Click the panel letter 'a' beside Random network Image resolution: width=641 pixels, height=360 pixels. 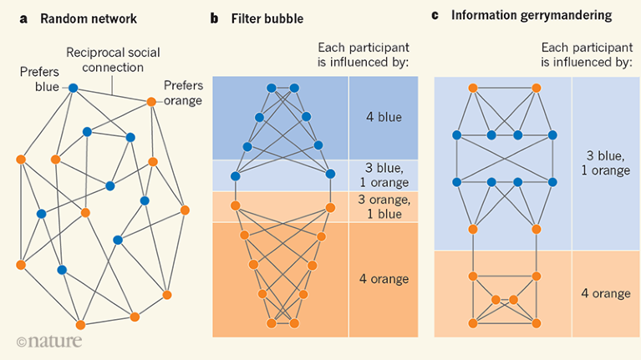pyautogui.click(x=23, y=19)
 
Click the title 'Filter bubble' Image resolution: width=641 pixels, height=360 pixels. pyautogui.click(x=267, y=19)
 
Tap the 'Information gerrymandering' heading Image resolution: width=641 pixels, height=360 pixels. pyautogui.click(x=532, y=16)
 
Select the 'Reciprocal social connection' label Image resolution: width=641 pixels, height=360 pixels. pyautogui.click(x=113, y=59)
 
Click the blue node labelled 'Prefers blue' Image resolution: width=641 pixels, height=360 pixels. pyautogui.click(x=74, y=88)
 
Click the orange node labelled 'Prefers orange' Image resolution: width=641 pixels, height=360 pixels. pyautogui.click(x=151, y=102)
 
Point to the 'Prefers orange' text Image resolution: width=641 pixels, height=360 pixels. pyautogui.click(x=183, y=93)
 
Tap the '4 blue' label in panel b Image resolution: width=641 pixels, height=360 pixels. pyautogui.click(x=384, y=117)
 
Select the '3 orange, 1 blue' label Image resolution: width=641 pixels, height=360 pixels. pyautogui.click(x=384, y=207)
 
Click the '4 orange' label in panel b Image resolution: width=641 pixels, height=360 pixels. pyautogui.click(x=384, y=279)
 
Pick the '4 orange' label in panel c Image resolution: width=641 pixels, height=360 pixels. pyautogui.click(x=606, y=293)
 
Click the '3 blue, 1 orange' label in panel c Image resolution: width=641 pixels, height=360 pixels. pyautogui.click(x=605, y=163)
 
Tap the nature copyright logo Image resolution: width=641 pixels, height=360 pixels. pyautogui.click(x=49, y=341)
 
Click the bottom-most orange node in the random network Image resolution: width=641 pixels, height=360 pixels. pyautogui.click(x=80, y=325)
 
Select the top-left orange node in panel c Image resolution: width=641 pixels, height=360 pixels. pyautogui.click(x=473, y=88)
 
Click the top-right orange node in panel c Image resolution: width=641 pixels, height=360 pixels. pyautogui.click(x=537, y=88)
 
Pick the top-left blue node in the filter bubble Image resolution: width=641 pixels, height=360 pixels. pyautogui.click(x=271, y=88)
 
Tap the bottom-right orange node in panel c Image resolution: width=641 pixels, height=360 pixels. pyautogui.click(x=537, y=323)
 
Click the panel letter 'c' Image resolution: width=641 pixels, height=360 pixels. pyautogui.click(x=435, y=16)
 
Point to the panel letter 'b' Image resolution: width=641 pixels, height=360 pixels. pyautogui.click(x=214, y=18)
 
